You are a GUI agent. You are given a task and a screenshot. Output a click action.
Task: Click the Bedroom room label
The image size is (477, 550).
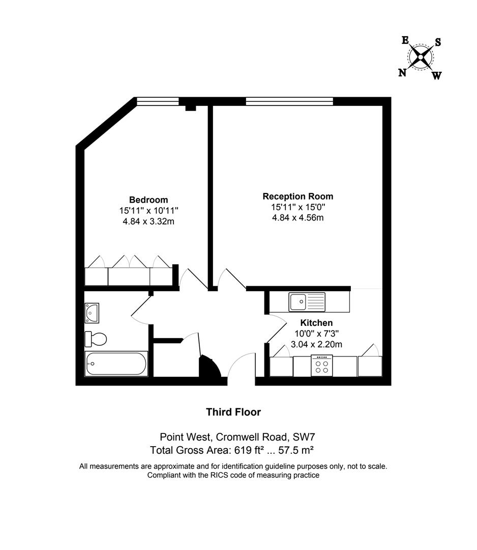tap(148, 200)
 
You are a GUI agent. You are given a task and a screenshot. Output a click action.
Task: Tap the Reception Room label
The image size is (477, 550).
tap(298, 196)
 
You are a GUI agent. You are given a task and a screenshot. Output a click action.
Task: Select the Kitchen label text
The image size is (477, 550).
tap(316, 323)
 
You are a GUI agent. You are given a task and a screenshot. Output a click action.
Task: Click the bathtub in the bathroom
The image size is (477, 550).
tap(116, 364)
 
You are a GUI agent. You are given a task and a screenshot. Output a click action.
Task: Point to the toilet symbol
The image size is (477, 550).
tap(96, 338)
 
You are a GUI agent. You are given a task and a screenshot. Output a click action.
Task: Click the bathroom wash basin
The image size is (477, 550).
tap(92, 313)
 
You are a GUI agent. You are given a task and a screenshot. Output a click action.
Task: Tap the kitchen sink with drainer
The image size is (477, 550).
tap(307, 301)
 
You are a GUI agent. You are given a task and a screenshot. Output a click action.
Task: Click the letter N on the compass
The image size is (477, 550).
tap(402, 73)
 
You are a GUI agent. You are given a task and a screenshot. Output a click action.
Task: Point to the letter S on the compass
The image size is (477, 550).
tap(437, 42)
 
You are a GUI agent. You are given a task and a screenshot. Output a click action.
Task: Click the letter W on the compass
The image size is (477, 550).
tap(437, 76)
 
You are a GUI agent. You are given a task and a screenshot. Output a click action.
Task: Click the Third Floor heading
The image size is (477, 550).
tap(233, 412)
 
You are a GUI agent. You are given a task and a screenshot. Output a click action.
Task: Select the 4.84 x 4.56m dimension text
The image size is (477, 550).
tap(298, 218)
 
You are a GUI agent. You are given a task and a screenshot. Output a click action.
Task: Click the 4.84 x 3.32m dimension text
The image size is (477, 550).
tap(148, 221)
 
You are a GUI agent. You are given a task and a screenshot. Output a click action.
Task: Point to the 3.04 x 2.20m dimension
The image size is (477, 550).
tap(316, 344)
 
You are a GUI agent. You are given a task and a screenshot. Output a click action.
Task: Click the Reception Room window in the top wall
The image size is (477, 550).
tap(289, 101)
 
